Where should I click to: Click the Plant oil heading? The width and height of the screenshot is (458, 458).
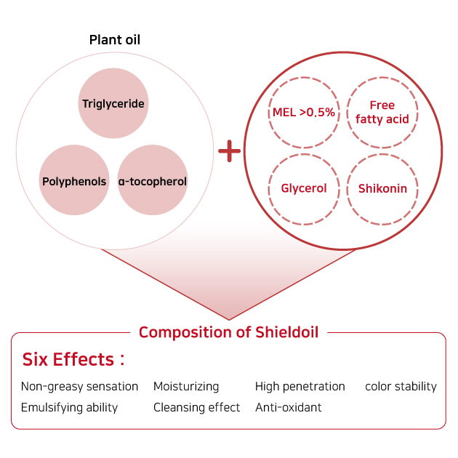click(115, 40)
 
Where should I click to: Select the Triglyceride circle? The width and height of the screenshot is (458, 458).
click(113, 103)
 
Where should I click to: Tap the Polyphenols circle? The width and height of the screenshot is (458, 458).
click(74, 180)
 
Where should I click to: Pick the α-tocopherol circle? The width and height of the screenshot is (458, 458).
click(153, 180)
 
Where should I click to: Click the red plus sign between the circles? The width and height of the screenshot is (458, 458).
click(229, 151)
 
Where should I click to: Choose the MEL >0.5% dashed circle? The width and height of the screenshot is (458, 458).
click(304, 112)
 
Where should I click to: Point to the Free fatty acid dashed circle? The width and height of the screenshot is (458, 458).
click(382, 112)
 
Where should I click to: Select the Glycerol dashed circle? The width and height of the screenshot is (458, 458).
click(304, 189)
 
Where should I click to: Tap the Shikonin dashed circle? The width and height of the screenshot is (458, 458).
click(382, 189)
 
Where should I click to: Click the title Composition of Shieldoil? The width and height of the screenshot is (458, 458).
click(229, 332)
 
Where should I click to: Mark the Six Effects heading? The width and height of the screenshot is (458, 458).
click(73, 359)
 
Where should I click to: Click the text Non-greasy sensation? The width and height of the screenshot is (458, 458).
click(79, 387)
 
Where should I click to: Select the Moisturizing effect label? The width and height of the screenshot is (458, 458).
click(186, 387)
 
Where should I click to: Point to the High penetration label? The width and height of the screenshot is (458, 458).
click(300, 387)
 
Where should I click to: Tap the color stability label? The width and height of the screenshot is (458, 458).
click(401, 387)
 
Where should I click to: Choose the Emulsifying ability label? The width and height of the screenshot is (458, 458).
click(70, 407)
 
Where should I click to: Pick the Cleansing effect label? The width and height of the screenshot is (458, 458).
click(196, 407)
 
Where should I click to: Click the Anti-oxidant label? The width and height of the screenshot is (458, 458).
click(289, 407)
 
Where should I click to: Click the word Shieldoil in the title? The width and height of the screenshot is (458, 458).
click(287, 332)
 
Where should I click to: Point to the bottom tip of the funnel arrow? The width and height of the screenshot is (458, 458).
click(229, 320)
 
